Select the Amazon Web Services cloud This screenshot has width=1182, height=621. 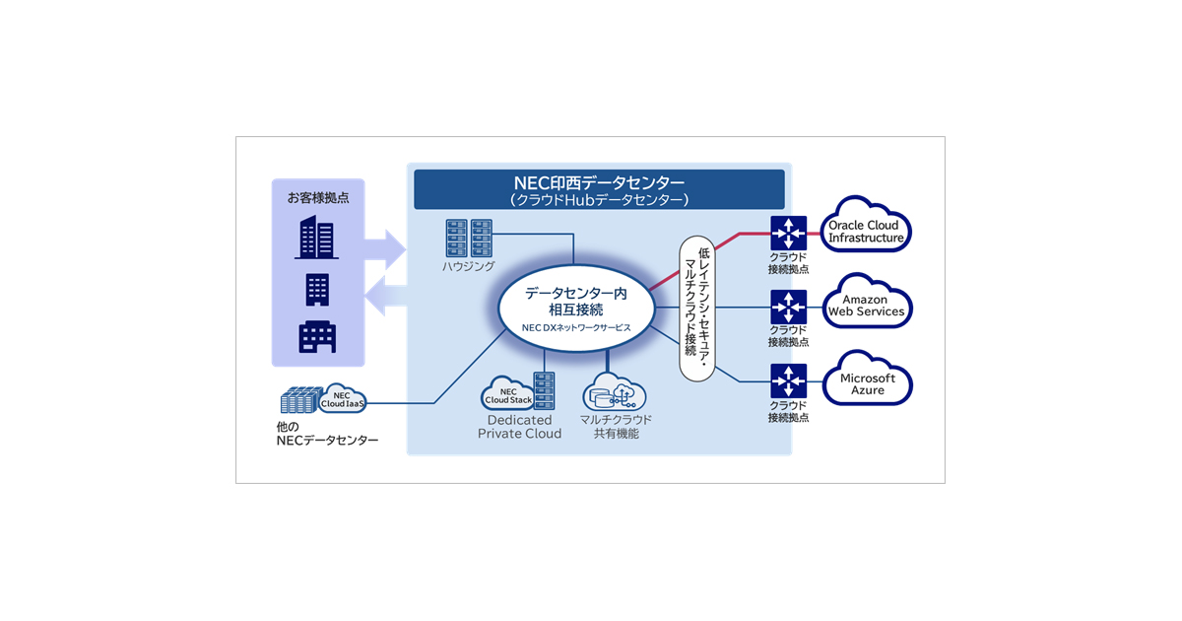tap(867, 306)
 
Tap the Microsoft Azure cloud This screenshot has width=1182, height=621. tap(867, 383)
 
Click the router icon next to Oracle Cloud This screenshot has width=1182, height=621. tap(789, 234)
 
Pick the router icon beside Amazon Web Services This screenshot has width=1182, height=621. tap(789, 307)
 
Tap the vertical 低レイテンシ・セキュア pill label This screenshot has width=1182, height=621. tap(696, 309)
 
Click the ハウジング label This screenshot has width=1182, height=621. tap(467, 266)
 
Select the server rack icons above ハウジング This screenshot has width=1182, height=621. tap(468, 238)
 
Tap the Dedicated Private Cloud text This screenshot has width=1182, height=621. tap(519, 427)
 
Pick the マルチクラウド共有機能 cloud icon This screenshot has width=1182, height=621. tap(614, 393)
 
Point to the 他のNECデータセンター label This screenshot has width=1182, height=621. tap(326, 433)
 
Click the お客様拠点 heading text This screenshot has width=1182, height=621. tap(317, 197)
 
